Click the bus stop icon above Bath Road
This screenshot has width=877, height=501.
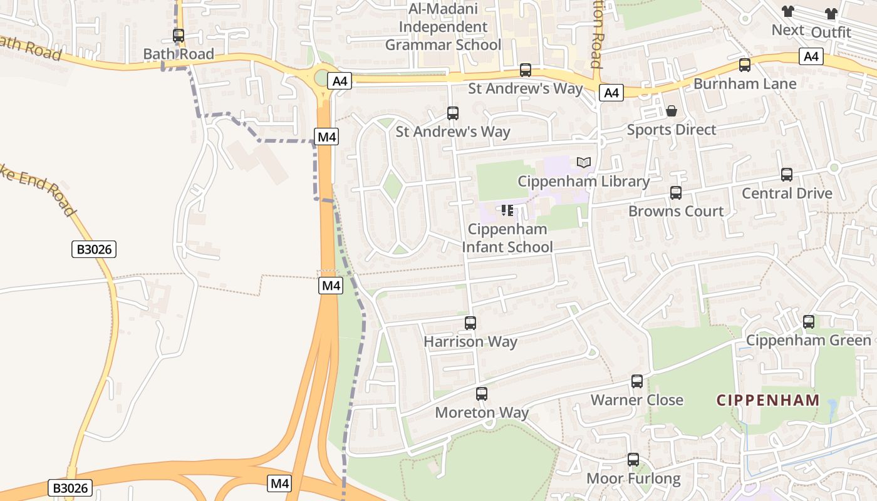coord(179,36)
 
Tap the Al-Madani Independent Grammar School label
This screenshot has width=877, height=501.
coord(443,27)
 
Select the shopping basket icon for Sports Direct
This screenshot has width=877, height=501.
coord(672,111)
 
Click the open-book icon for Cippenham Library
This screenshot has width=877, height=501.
coord(584,163)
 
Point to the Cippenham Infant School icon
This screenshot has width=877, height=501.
coord(507,210)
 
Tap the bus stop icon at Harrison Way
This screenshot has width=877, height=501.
coord(470,323)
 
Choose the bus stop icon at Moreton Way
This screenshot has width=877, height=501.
coord(482,394)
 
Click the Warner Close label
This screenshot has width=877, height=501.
coord(637,400)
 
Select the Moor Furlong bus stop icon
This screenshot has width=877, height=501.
coord(633,460)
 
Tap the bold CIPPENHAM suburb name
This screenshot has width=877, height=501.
coord(768,400)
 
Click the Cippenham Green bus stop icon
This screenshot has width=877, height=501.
coord(809,322)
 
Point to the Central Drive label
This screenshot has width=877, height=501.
coord(787,194)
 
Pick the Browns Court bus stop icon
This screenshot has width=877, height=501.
coord(676,193)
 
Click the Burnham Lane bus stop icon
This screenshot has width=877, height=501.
coord(745,65)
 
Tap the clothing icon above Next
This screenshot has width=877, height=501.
coord(787,12)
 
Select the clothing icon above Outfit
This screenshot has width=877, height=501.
coord(831,14)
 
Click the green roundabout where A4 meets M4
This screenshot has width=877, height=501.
coord(321,79)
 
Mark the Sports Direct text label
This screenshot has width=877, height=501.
coord(672,130)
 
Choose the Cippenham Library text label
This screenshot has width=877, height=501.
coord(584,182)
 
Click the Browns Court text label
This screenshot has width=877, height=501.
coord(676,211)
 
